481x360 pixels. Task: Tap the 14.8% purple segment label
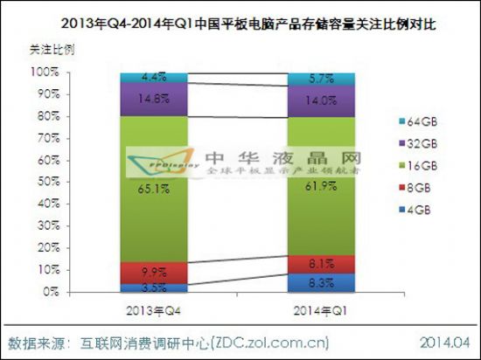point(145,98)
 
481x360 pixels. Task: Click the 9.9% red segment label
point(145,273)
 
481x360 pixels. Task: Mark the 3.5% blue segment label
point(145,286)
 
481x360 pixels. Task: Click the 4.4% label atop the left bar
point(145,78)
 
